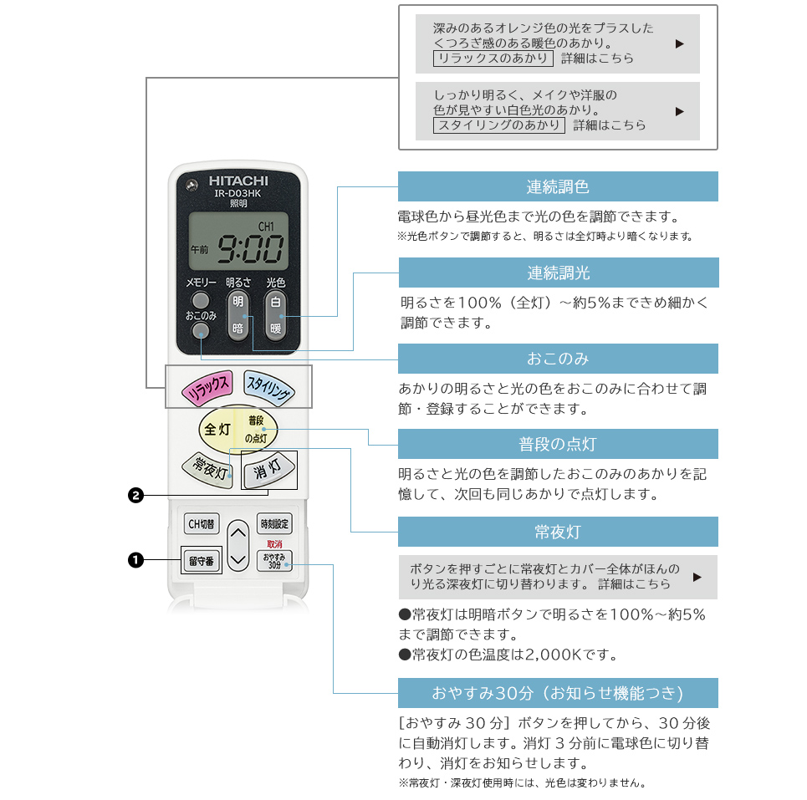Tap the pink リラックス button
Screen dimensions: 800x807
[207, 385]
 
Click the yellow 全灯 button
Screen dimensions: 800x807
[217, 430]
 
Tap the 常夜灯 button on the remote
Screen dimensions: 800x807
[207, 468]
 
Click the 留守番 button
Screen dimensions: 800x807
[201, 560]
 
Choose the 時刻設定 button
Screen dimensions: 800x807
[274, 523]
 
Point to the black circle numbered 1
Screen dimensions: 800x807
[135, 560]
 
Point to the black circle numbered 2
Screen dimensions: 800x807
[135, 496]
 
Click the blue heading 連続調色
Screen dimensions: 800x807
[558, 186]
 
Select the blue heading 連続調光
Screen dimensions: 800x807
[558, 273]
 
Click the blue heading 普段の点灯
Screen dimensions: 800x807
[558, 444]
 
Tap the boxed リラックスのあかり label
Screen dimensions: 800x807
[493, 59]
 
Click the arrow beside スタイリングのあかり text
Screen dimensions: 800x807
[679, 111]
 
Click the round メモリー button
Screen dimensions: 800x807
[201, 300]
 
